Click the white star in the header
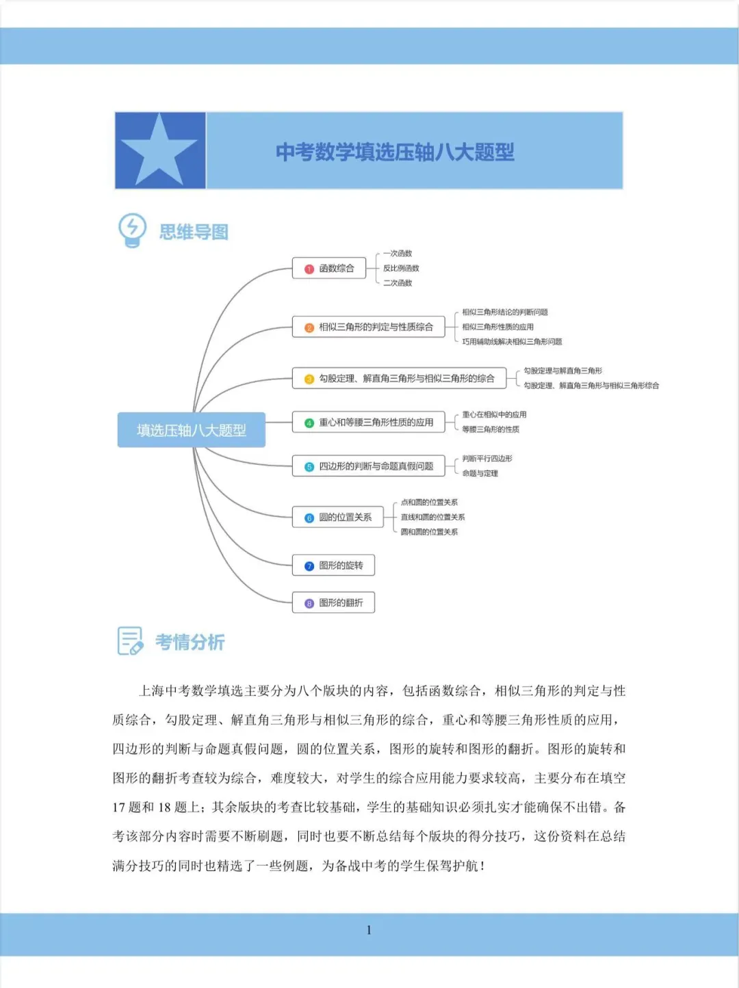click(x=159, y=150)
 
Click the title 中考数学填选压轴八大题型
click(x=395, y=152)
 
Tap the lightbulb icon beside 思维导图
click(x=132, y=230)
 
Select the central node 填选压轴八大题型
click(x=191, y=430)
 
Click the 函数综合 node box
click(x=329, y=268)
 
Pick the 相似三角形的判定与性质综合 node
click(x=368, y=327)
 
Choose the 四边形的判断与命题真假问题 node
click(x=368, y=466)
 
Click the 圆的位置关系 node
click(x=337, y=518)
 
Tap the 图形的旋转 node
click(x=333, y=565)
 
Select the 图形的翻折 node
click(x=333, y=602)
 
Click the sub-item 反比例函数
click(x=401, y=268)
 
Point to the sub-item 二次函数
click(x=398, y=283)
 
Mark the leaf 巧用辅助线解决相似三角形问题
click(x=512, y=342)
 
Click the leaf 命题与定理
click(x=480, y=473)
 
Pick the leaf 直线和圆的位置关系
click(x=432, y=517)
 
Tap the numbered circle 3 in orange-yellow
click(x=309, y=379)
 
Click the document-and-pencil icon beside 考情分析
click(x=130, y=641)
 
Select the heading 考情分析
click(x=190, y=642)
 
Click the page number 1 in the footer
click(x=369, y=930)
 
